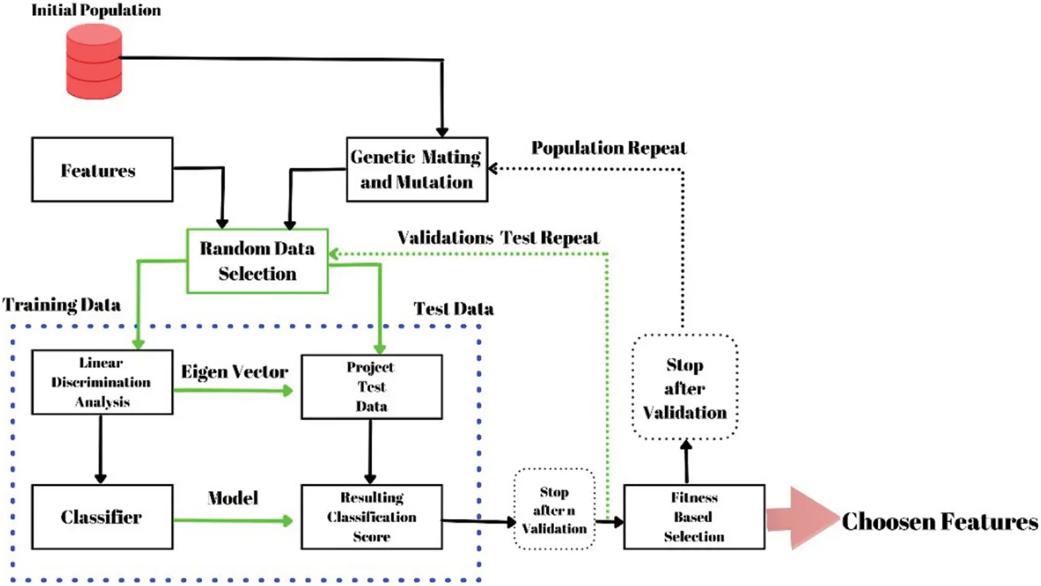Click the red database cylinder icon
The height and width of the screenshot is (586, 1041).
pyautogui.click(x=94, y=61)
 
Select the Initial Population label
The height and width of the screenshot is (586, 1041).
pyautogui.click(x=96, y=10)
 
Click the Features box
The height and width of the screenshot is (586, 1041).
pyautogui.click(x=102, y=170)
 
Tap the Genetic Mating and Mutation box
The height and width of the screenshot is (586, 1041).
pyautogui.click(x=417, y=170)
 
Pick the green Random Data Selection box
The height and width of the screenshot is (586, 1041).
pyautogui.click(x=258, y=261)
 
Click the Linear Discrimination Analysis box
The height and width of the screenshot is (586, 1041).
pyautogui.click(x=102, y=382)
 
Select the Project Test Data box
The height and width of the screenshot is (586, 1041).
pyautogui.click(x=372, y=387)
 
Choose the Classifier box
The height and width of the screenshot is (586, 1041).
pyautogui.click(x=102, y=517)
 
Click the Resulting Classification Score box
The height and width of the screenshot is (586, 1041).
pyautogui.click(x=372, y=517)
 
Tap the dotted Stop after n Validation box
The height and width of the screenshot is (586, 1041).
pyautogui.click(x=555, y=510)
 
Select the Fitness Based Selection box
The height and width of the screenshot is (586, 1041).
pyautogui.click(x=694, y=517)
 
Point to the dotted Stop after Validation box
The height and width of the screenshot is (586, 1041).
pyautogui.click(x=685, y=387)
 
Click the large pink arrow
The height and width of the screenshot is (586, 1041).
pyautogui.click(x=803, y=518)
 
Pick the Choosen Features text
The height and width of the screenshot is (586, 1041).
pyautogui.click(x=940, y=521)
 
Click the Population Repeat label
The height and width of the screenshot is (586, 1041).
pyautogui.click(x=609, y=148)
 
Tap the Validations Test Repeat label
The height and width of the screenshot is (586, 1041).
pyautogui.click(x=498, y=237)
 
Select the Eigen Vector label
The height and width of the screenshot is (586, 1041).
pyautogui.click(x=234, y=372)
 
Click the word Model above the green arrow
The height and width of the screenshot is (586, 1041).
pyautogui.click(x=233, y=498)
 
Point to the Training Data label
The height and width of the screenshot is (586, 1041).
pyautogui.click(x=62, y=304)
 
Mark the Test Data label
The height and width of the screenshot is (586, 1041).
pyautogui.click(x=454, y=309)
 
